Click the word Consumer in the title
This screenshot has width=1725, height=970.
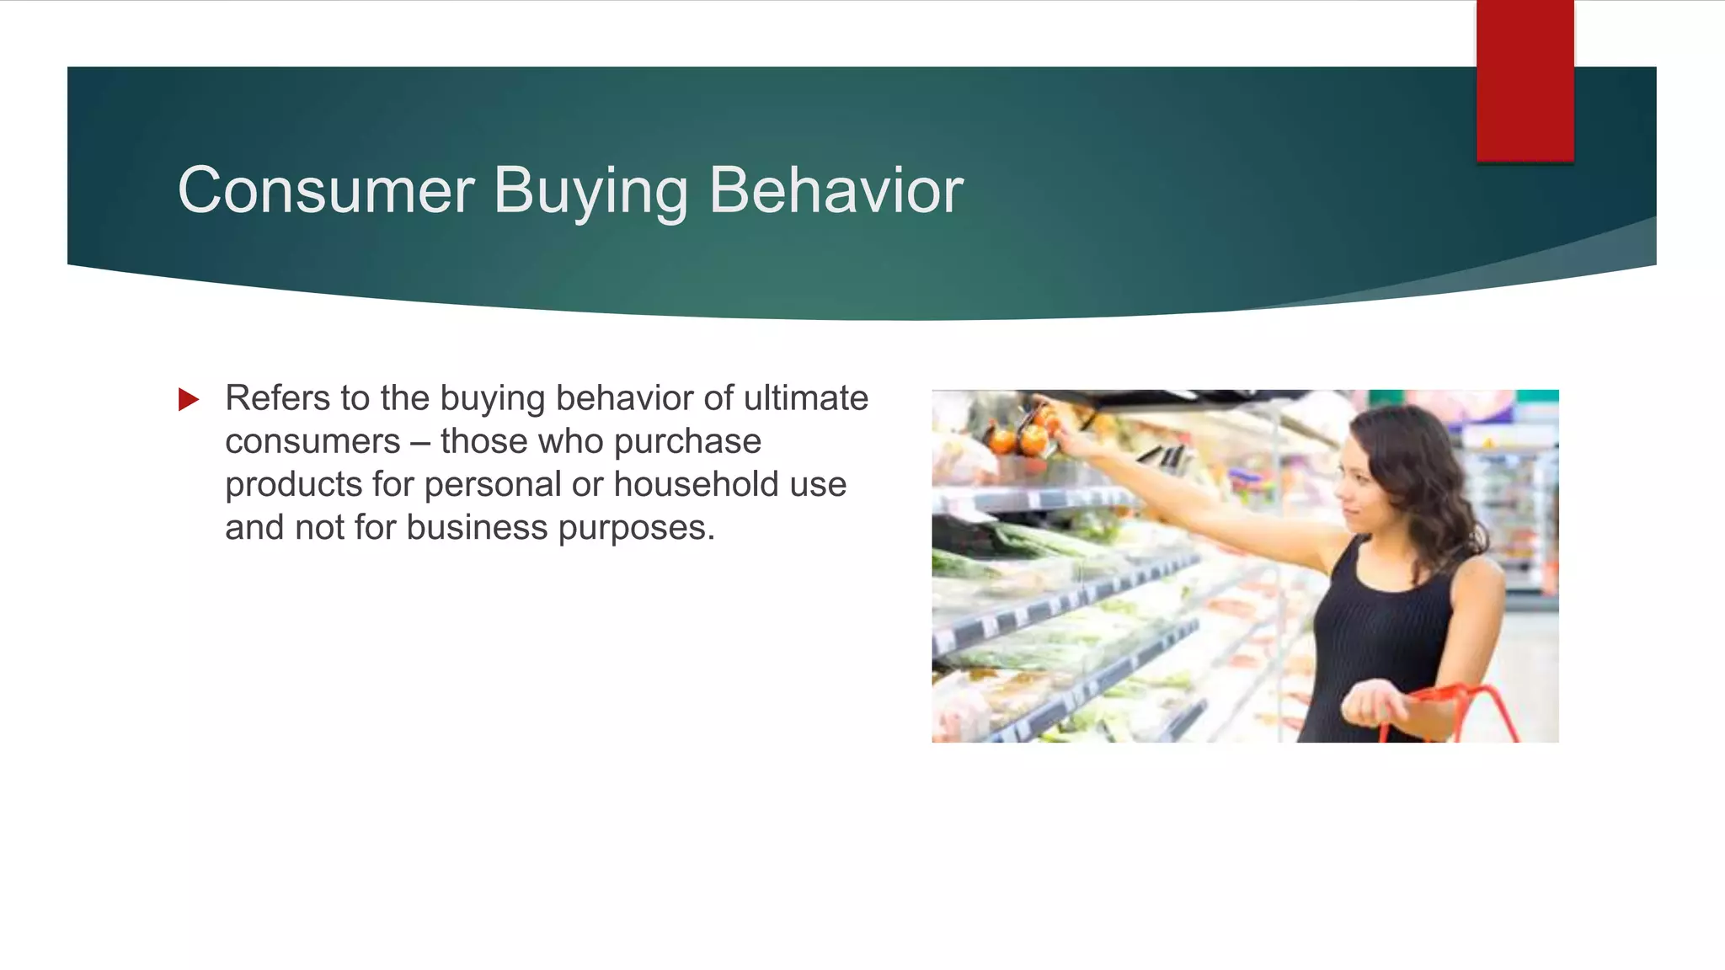point(326,191)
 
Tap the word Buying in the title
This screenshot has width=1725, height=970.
point(590,191)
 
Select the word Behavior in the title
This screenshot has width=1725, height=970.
point(836,191)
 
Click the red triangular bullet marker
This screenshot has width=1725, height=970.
point(189,399)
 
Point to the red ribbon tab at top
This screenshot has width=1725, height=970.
point(1525,81)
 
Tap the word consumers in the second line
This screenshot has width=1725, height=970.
point(312,442)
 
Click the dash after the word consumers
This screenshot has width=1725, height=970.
point(420,442)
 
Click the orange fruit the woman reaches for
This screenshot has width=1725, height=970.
point(1033,439)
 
